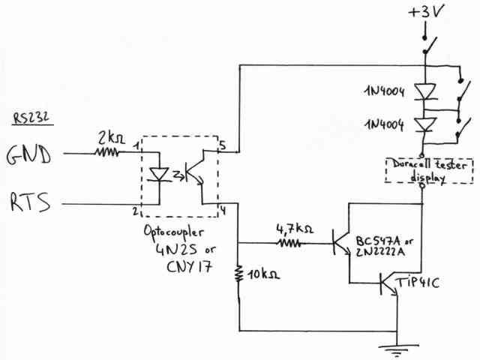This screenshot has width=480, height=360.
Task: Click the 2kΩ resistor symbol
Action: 106,152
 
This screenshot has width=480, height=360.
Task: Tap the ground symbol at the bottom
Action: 394,347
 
